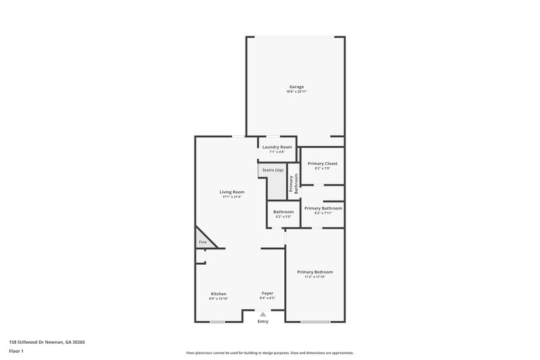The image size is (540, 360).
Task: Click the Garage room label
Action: click(296, 86)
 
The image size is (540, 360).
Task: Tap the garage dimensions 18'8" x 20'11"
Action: click(296, 92)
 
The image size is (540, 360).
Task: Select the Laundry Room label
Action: click(277, 147)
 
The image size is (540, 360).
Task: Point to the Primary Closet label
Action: click(322, 163)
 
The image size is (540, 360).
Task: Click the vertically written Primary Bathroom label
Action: click(294, 184)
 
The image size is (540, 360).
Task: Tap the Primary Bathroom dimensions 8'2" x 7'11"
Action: click(323, 213)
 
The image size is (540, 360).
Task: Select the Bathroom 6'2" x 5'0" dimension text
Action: click(283, 217)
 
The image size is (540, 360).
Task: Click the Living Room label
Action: click(232, 192)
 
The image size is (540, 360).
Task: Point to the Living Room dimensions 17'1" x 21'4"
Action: click(232, 197)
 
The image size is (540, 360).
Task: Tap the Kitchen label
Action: click(219, 294)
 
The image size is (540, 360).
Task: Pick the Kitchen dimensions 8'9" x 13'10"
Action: click(219, 299)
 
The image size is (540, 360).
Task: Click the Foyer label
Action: click(268, 294)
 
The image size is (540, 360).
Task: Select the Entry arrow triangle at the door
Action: click(263, 314)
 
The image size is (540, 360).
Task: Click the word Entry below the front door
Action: click(263, 321)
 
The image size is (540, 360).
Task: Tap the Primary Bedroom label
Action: click(315, 272)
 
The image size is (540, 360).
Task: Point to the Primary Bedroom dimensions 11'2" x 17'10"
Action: click(315, 277)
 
